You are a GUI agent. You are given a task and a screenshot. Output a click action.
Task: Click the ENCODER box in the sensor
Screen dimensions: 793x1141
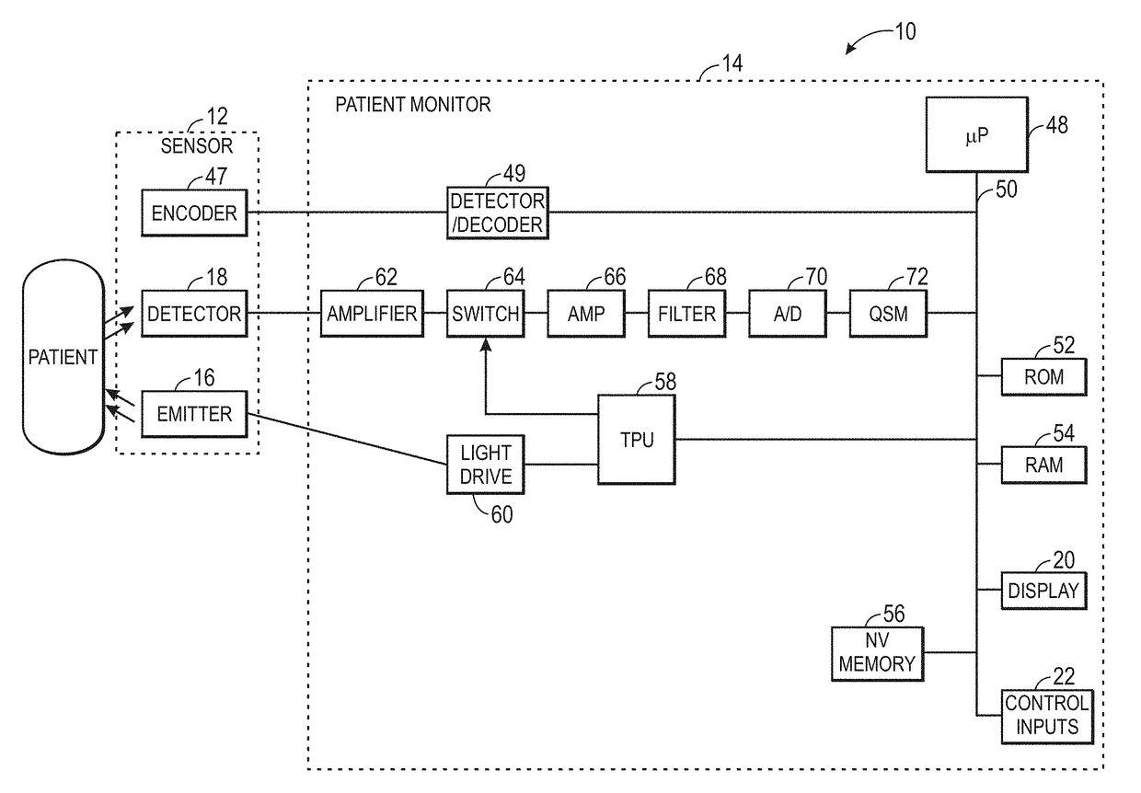coord(194,213)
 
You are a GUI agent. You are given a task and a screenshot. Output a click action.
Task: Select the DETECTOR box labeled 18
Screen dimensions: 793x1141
coord(194,314)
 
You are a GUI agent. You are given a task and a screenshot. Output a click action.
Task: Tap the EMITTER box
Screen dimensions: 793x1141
coord(194,414)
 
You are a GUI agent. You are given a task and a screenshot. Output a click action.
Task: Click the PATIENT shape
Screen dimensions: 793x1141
coord(63,357)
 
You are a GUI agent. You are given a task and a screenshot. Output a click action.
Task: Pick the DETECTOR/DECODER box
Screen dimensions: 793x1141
coord(497,213)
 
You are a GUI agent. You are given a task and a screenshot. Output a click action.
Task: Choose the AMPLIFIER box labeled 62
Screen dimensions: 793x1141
coord(372,314)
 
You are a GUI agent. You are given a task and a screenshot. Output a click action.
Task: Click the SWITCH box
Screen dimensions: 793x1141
coord(485,314)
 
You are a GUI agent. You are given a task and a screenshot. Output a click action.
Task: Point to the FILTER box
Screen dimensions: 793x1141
coord(686,314)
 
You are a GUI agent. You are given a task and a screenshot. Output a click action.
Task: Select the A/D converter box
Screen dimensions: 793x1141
coord(787,314)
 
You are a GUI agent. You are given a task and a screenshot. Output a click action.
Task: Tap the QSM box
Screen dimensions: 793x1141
coord(888,314)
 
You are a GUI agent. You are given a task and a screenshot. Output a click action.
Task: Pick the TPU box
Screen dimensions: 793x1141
coord(637,440)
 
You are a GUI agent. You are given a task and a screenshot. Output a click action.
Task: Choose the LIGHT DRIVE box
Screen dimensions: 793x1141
coord(485,465)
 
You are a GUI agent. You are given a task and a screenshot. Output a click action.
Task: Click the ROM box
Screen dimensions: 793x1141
coord(1043,377)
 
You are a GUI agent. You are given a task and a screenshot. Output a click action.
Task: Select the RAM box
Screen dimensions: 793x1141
coord(1043,465)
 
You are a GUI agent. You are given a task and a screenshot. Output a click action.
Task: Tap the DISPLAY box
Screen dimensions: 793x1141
coord(1043,590)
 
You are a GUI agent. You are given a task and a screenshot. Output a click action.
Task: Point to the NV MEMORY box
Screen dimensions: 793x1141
coord(877,653)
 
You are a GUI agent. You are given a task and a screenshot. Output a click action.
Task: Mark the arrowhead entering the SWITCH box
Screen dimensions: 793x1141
coord(485,344)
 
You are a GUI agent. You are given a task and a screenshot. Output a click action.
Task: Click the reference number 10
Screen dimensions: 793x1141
coord(905,31)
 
